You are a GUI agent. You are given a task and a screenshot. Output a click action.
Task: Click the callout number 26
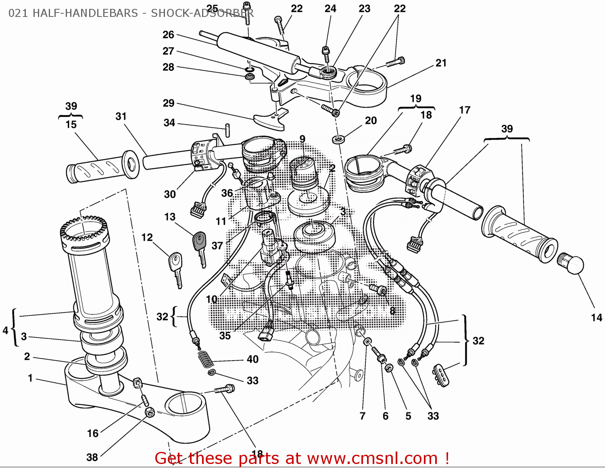[x=168, y=35]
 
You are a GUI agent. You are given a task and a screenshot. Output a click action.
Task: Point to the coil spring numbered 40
[x=206, y=358]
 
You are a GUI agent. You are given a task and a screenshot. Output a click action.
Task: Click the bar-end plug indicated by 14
[x=572, y=265]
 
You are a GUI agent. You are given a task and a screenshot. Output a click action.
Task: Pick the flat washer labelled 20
[x=338, y=139]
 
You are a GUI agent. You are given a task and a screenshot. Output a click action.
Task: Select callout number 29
[x=169, y=104]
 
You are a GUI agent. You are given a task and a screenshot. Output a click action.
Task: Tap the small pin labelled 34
[x=227, y=130]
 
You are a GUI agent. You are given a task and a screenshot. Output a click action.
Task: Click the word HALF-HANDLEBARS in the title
[x=85, y=13]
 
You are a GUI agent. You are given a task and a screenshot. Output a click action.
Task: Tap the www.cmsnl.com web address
[x=372, y=458]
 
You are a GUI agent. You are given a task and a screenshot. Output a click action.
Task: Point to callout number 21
[x=441, y=63]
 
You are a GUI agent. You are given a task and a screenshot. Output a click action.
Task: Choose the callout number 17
[x=465, y=110]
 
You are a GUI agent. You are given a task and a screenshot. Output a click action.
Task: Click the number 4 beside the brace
[x=5, y=331]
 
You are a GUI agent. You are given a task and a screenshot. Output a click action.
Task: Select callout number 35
[x=225, y=335]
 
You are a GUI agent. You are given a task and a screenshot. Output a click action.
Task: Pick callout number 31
[x=121, y=117]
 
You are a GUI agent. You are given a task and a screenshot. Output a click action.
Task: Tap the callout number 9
[x=302, y=139]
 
